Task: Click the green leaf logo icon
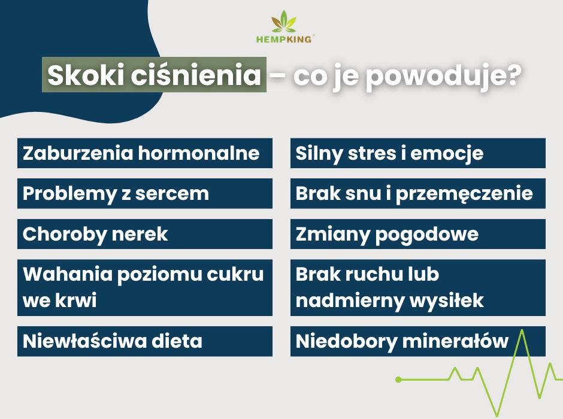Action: [x=284, y=22]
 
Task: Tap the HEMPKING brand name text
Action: [x=284, y=39]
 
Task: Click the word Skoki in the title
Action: [x=86, y=75]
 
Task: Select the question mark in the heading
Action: [x=512, y=74]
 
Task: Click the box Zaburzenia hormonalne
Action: [x=145, y=153]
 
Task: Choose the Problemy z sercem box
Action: [x=145, y=194]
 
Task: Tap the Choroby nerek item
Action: [x=145, y=234]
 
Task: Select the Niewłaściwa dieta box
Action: [x=145, y=341]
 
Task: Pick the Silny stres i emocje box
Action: [x=418, y=153]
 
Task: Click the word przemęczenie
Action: [x=464, y=195]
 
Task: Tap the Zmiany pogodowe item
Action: [x=418, y=234]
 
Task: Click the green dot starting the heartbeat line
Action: [x=398, y=379]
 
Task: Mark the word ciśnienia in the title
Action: [x=196, y=75]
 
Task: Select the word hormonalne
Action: [x=199, y=153]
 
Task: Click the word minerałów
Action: [x=455, y=341]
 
